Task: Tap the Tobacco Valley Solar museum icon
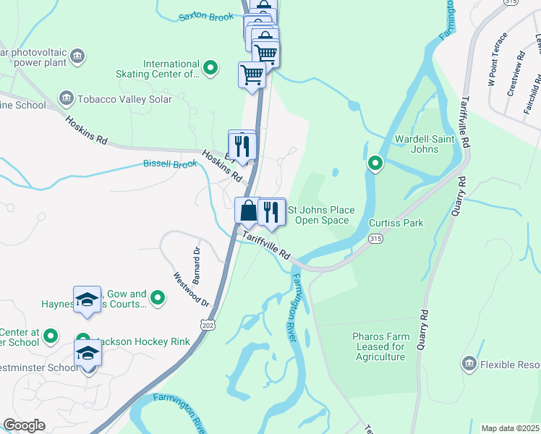pyautogui.click(x=67, y=98)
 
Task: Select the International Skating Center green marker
pyautogui.click(x=210, y=69)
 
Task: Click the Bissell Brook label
pyautogui.click(x=170, y=164)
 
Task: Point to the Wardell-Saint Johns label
pyautogui.click(x=416, y=144)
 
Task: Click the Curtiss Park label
pyautogui.click(x=396, y=223)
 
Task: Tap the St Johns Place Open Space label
pyautogui.click(x=322, y=215)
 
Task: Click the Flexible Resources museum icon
pyautogui.click(x=469, y=362)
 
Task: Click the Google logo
pyautogui.click(x=24, y=425)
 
